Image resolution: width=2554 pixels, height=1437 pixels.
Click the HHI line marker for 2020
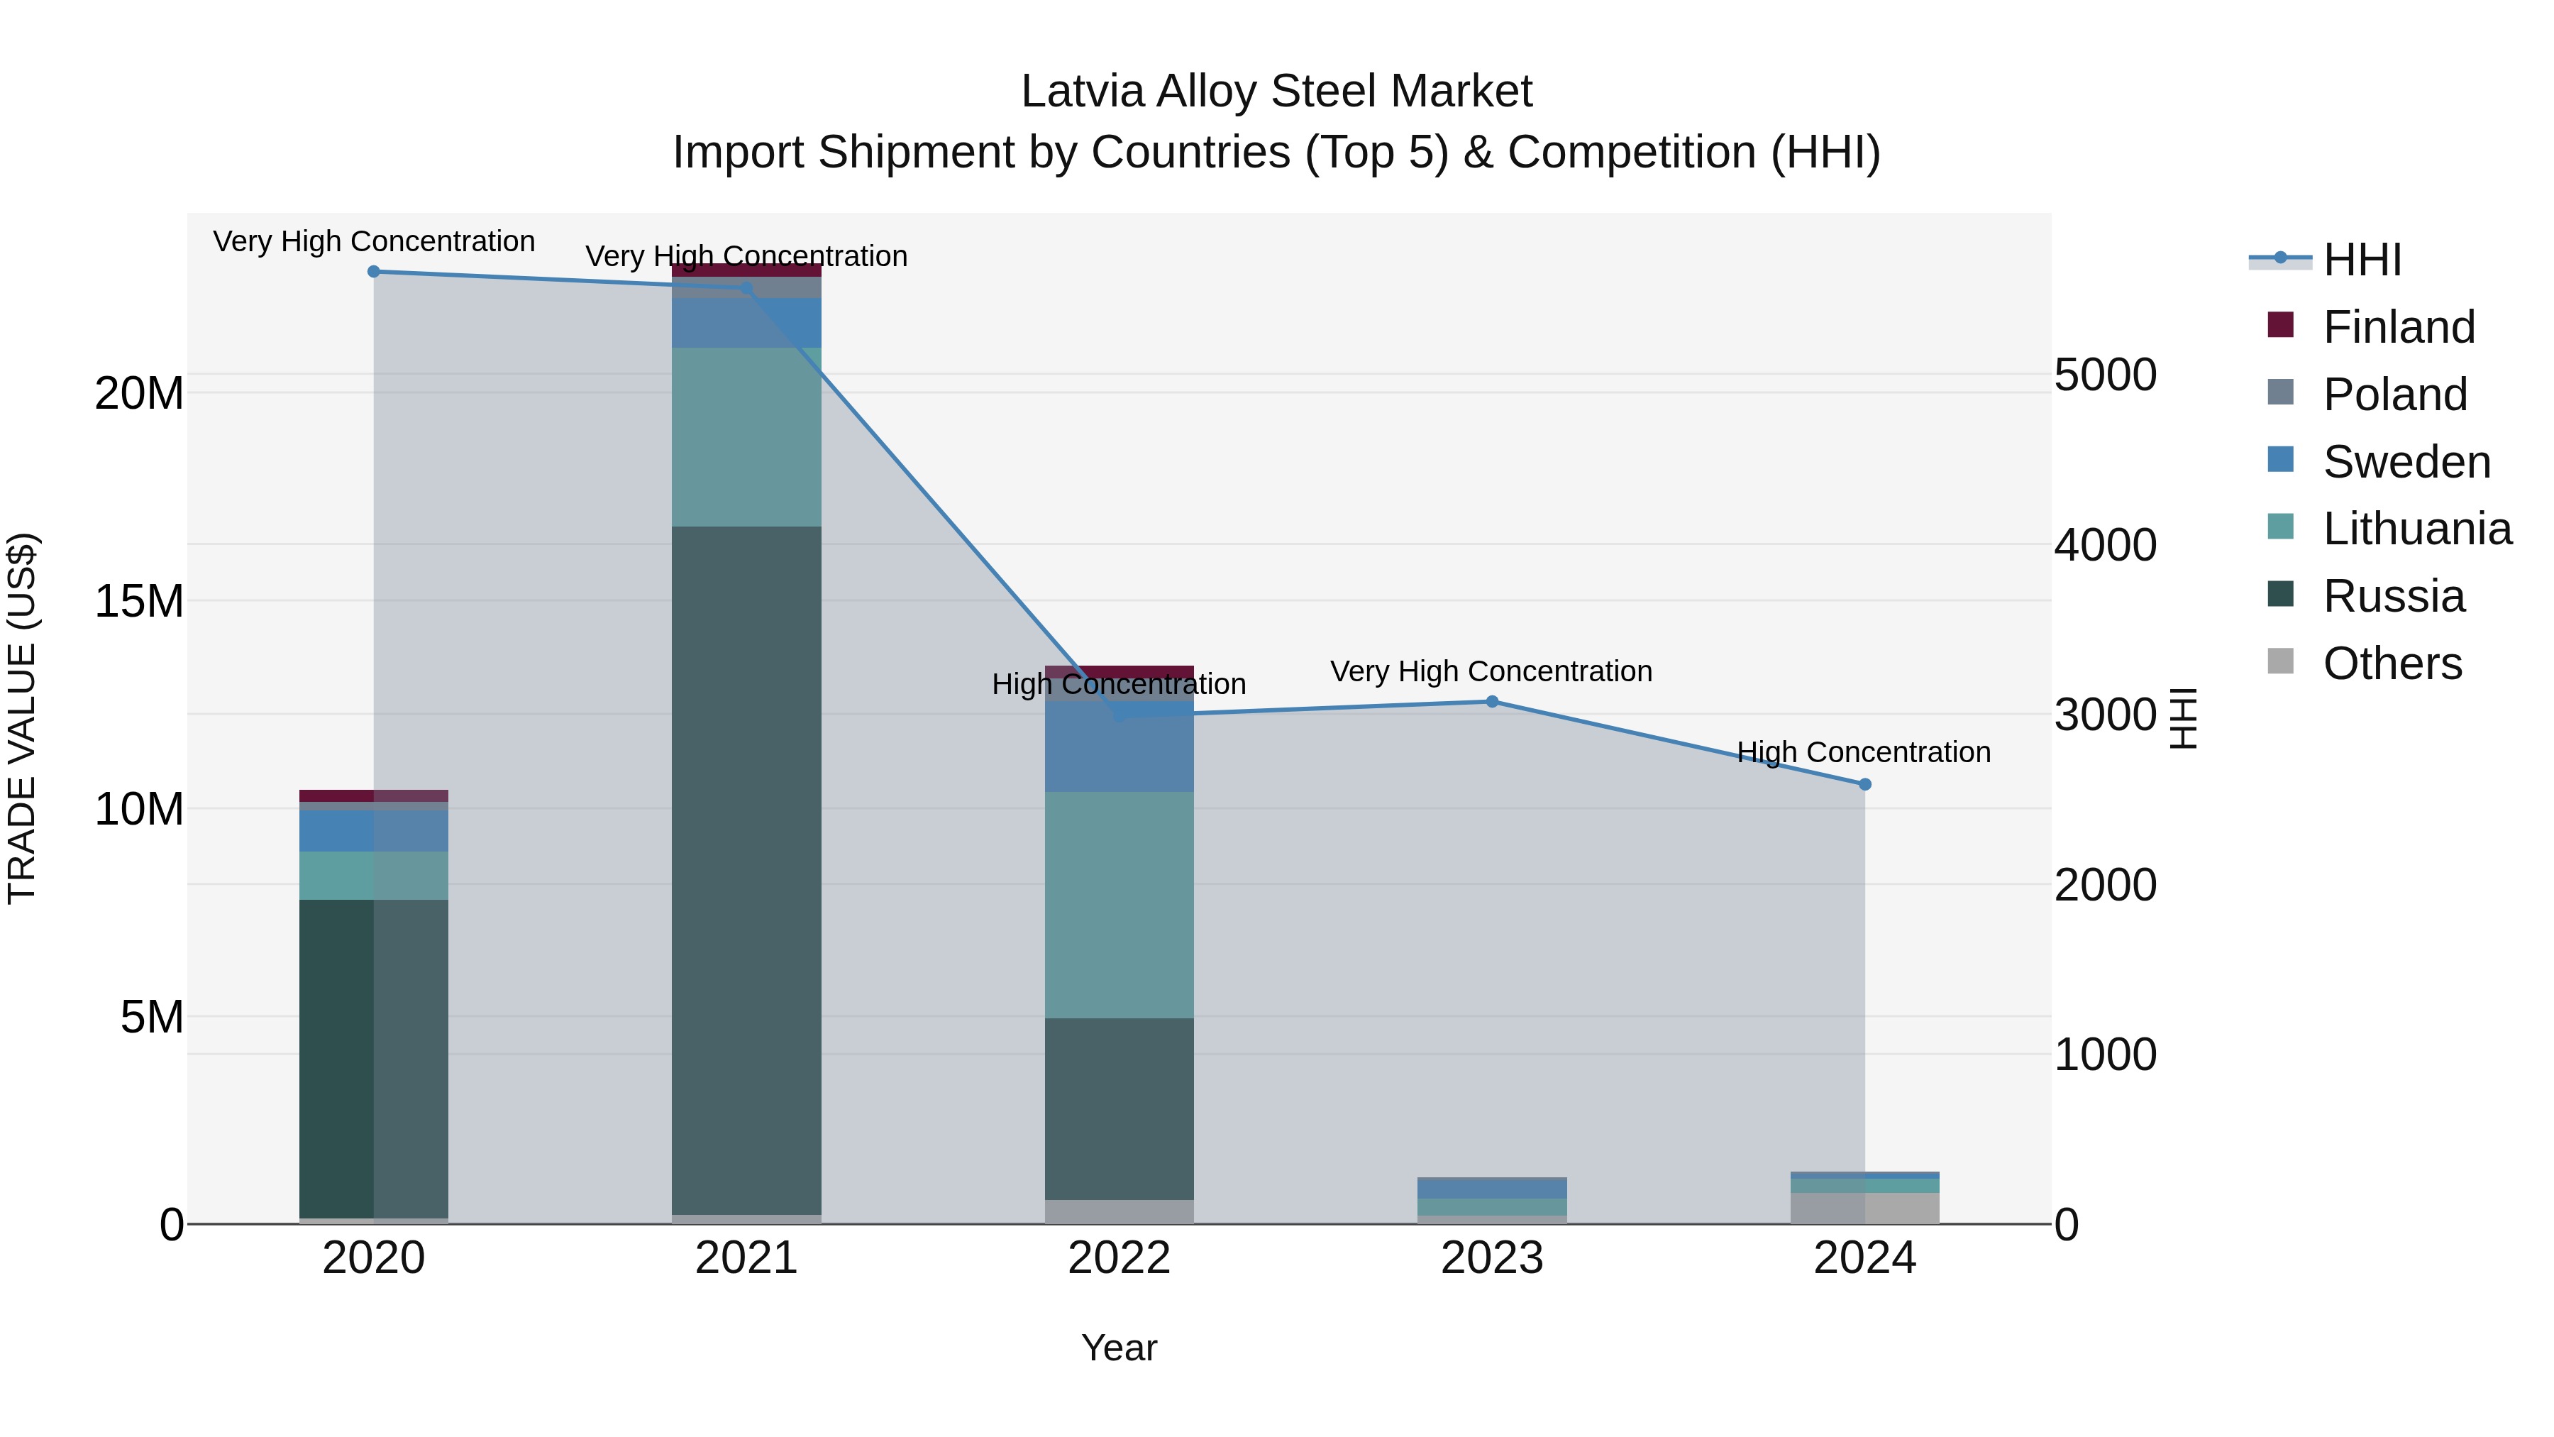(374, 272)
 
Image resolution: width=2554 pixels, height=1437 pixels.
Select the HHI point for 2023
(1491, 702)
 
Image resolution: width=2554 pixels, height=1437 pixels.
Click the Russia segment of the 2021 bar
(746, 870)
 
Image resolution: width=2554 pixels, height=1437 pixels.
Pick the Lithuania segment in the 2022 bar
(1120, 905)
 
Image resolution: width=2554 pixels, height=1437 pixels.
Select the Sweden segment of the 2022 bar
(1120, 747)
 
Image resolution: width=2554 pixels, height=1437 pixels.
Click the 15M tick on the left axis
(139, 602)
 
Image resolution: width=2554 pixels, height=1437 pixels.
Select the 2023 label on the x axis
(1491, 1258)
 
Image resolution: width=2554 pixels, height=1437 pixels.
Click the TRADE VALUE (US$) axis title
(22, 718)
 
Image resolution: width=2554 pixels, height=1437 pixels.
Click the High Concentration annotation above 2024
(1863, 753)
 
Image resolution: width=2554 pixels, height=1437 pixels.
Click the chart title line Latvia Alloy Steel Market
(1276, 92)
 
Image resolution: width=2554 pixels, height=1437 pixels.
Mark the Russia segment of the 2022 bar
(1120, 1108)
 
